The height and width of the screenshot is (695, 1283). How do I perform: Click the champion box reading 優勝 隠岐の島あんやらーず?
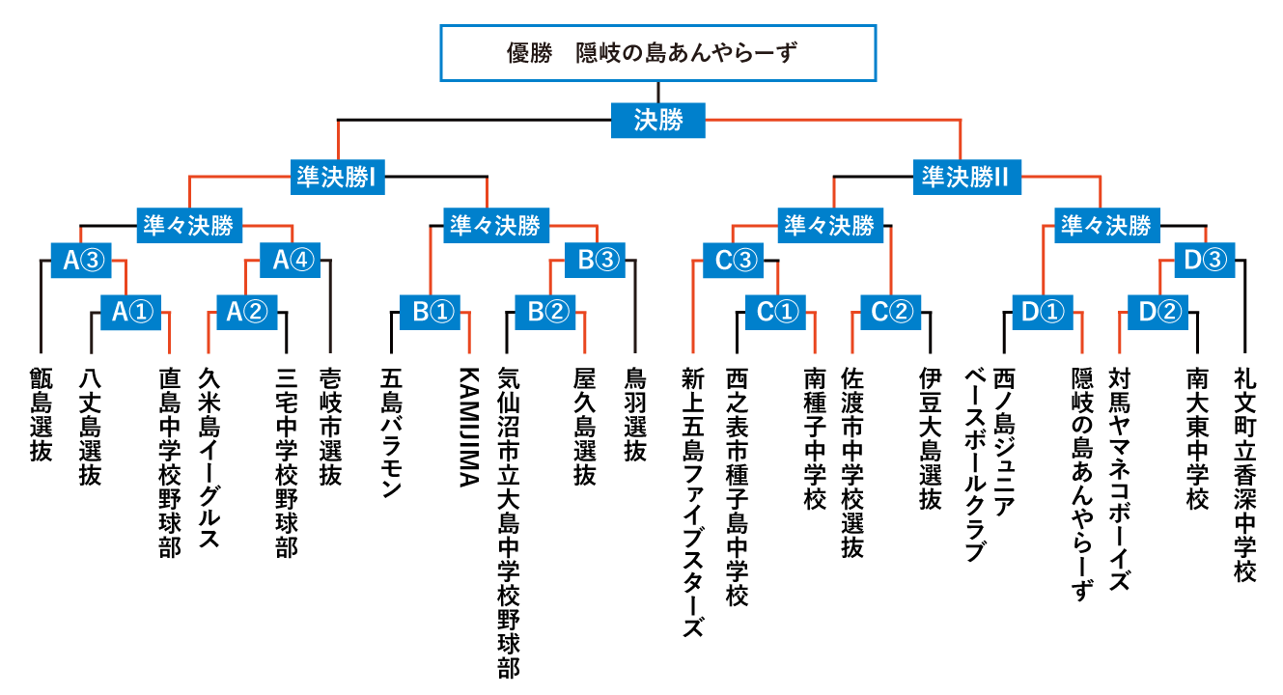[x=657, y=53]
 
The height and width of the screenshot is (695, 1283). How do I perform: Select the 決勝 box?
[x=658, y=121]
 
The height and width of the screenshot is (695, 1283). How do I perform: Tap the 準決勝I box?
[x=337, y=178]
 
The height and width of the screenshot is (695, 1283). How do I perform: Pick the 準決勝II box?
[x=966, y=178]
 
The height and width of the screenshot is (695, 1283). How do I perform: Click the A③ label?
[x=81, y=261]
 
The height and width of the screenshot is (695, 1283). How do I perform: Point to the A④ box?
[x=290, y=261]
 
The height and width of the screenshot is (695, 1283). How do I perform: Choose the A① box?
[x=130, y=313]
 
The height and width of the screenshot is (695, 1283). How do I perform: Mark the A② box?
[x=246, y=313]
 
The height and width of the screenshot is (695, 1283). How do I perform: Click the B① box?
[x=430, y=313]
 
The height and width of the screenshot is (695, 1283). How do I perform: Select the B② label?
[x=545, y=313]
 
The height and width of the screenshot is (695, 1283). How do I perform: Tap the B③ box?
[x=595, y=261]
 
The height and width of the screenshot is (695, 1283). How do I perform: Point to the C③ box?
[x=733, y=261]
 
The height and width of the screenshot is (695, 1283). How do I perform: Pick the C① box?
[x=775, y=313]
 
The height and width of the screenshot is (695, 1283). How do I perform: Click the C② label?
[x=890, y=313]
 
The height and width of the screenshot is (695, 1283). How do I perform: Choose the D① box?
[x=1042, y=313]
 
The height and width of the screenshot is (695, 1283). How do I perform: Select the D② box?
[x=1157, y=313]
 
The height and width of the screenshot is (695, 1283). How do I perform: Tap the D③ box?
[x=1204, y=261]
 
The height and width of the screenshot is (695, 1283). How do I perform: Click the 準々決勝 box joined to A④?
[x=189, y=226]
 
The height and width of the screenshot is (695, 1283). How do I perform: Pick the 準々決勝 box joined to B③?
[x=496, y=226]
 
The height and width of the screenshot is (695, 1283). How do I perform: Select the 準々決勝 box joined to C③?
[x=830, y=226]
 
